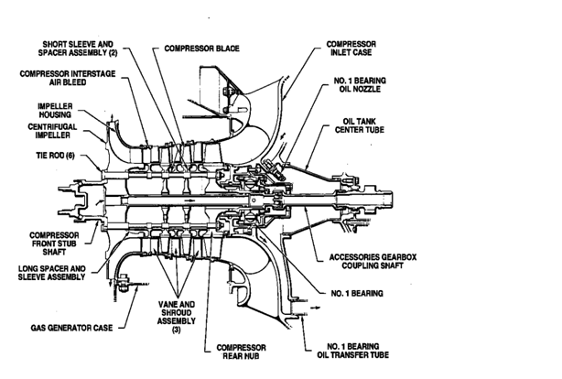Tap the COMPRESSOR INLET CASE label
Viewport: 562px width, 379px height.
351,48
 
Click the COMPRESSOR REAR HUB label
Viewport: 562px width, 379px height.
240,352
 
